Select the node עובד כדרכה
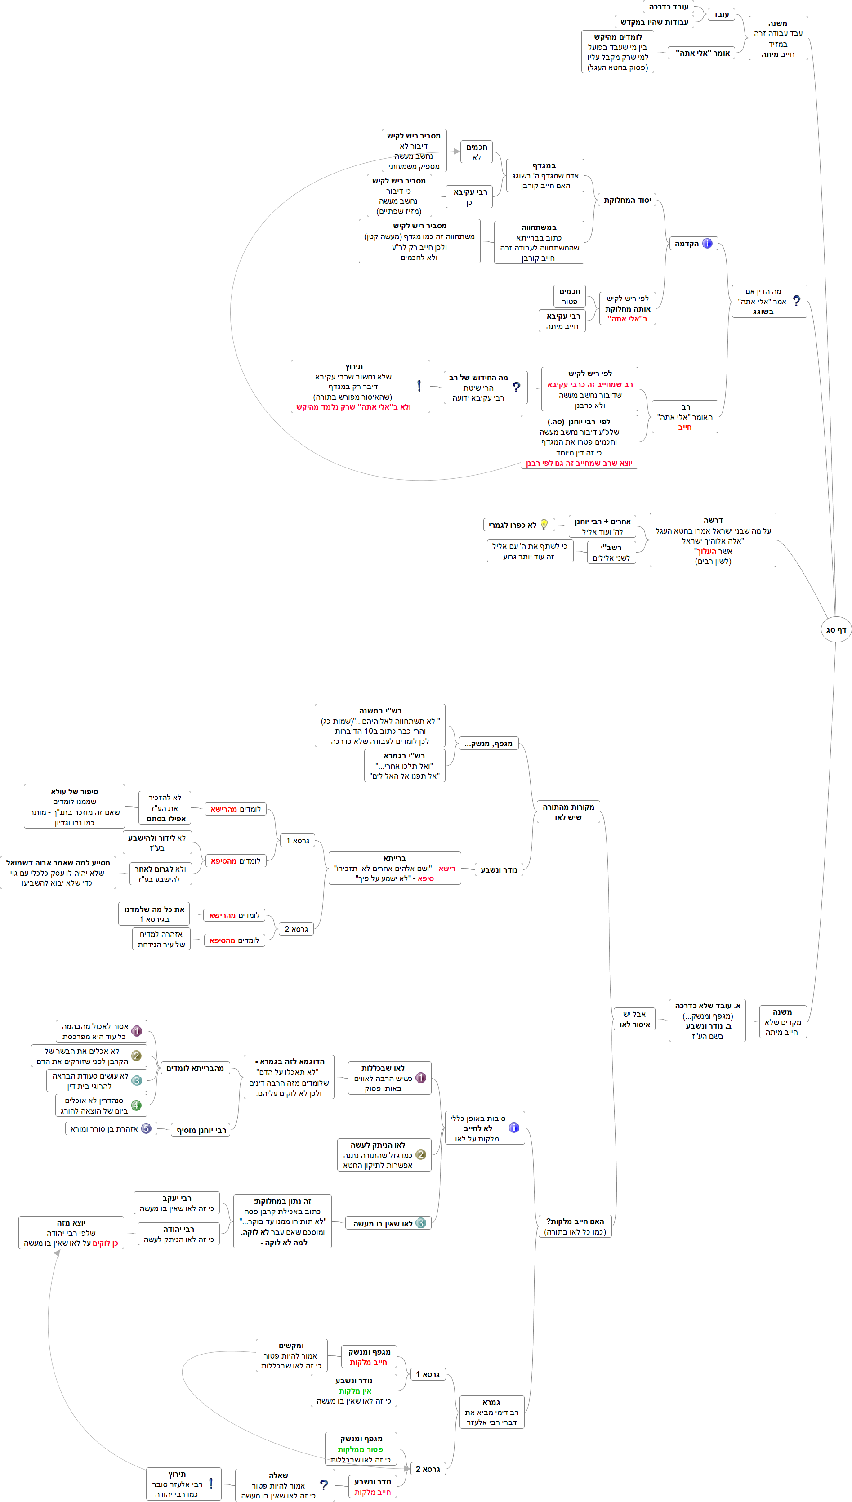tap(668, 7)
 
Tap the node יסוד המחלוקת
tap(627, 200)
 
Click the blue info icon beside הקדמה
tap(707, 243)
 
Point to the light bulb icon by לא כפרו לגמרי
tap(544, 524)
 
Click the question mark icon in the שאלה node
tap(324, 1485)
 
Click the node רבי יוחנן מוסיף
tap(201, 1130)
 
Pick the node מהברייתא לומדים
tap(195, 1068)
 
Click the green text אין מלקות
tap(355, 1391)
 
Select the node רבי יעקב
tap(177, 1203)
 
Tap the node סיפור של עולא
tap(74, 806)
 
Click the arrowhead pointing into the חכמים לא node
tap(456, 151)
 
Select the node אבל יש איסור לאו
tap(634, 1019)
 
